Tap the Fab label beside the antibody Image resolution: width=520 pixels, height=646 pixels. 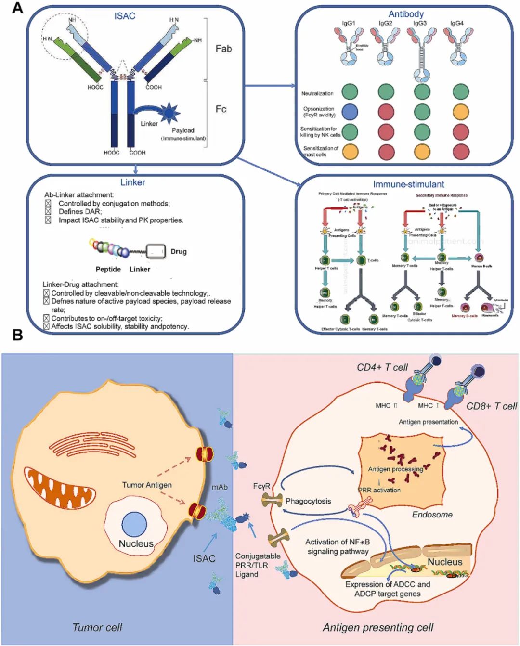223,49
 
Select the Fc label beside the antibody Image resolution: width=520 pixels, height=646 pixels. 221,109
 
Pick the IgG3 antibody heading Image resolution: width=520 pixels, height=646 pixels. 419,23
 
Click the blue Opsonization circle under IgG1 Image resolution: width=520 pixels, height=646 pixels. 350,112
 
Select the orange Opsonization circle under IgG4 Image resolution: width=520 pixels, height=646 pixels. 461,112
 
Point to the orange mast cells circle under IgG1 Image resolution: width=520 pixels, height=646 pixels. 350,151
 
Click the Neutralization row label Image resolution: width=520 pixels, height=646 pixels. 317,93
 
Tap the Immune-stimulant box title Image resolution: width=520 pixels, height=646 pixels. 408,184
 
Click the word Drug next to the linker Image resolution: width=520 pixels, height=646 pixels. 179,251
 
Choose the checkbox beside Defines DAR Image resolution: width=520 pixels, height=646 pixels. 48,212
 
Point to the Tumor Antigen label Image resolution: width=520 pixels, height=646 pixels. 147,485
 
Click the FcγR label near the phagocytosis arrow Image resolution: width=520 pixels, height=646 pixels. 261,486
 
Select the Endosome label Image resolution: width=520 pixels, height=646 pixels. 432,515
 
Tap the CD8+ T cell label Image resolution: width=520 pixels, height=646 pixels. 492,406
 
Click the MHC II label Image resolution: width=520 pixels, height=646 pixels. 386,406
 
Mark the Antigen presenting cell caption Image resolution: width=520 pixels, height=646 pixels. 378,627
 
